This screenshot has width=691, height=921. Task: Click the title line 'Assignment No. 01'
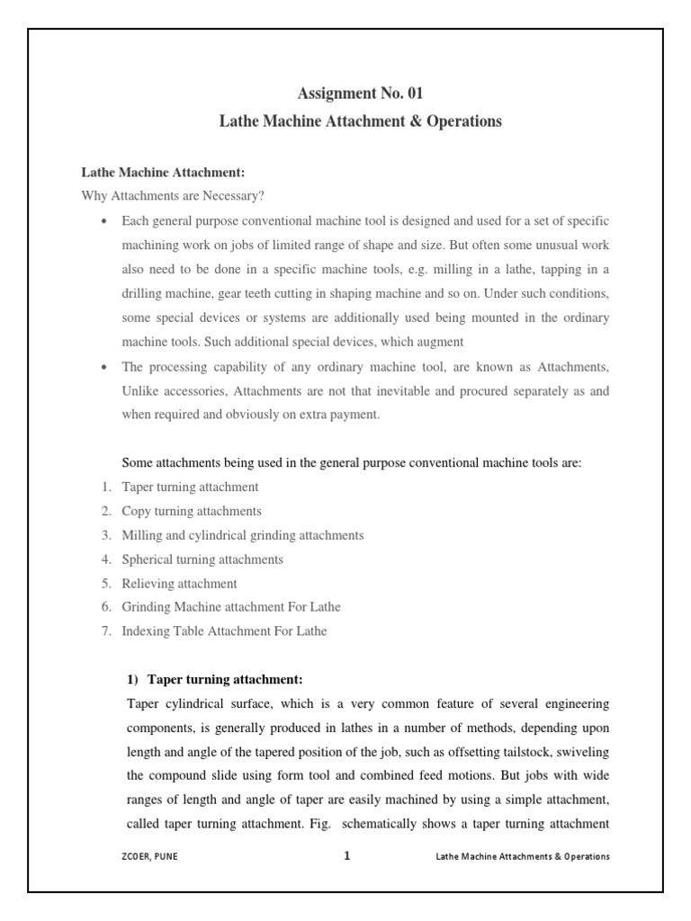pyautogui.click(x=360, y=92)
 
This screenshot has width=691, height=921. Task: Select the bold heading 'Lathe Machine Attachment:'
pyautogui.click(x=163, y=172)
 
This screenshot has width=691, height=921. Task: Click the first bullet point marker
pyautogui.click(x=105, y=221)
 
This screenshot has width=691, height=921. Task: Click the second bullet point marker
pyautogui.click(x=105, y=367)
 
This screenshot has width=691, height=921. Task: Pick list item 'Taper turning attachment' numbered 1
pyautogui.click(x=190, y=487)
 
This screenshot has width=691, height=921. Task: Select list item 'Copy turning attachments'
pyautogui.click(x=192, y=511)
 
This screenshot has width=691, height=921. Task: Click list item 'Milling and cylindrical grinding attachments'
pyautogui.click(x=243, y=535)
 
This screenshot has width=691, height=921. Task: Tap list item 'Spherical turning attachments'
pyautogui.click(x=202, y=559)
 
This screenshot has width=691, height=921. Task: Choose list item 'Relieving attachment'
pyautogui.click(x=179, y=584)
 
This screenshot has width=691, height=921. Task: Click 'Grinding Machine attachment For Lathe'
pyautogui.click(x=231, y=607)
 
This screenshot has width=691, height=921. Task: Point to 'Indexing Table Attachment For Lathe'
pyautogui.click(x=224, y=631)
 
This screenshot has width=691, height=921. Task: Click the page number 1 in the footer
pyautogui.click(x=346, y=856)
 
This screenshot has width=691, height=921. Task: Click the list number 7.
pyautogui.click(x=105, y=631)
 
